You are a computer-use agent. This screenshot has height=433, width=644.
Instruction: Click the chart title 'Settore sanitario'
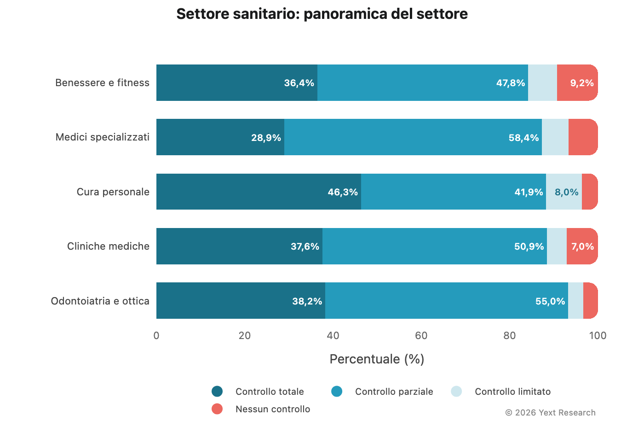tap(322, 14)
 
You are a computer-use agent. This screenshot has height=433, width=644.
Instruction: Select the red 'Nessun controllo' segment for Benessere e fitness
tap(577, 83)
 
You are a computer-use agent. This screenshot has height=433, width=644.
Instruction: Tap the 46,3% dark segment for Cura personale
tap(259, 192)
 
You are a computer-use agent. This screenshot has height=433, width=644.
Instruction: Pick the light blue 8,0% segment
tap(563, 192)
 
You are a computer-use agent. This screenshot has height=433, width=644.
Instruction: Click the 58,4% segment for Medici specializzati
tap(413, 137)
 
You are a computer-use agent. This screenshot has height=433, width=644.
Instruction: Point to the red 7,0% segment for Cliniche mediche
tap(582, 246)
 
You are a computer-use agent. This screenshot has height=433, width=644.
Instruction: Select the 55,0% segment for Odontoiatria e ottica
tap(446, 301)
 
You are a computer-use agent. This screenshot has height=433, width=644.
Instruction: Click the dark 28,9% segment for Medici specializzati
tap(220, 137)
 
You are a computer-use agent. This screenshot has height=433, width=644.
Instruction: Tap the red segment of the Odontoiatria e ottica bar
tap(590, 301)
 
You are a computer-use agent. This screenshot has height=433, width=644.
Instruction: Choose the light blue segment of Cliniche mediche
tap(557, 246)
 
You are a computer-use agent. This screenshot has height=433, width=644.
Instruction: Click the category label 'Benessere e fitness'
tap(102, 83)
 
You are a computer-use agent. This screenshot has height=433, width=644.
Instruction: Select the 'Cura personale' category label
tap(113, 192)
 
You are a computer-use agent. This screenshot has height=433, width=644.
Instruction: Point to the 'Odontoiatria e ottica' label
tap(100, 301)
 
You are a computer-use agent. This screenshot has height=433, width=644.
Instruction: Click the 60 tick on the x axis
tap(421, 336)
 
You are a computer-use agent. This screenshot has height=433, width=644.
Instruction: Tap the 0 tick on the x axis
tap(156, 336)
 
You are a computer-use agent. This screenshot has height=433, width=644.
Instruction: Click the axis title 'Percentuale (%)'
tap(377, 359)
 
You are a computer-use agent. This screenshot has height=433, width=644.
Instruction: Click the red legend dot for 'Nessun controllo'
tap(217, 409)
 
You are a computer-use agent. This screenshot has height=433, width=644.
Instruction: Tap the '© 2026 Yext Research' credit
tap(550, 413)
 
